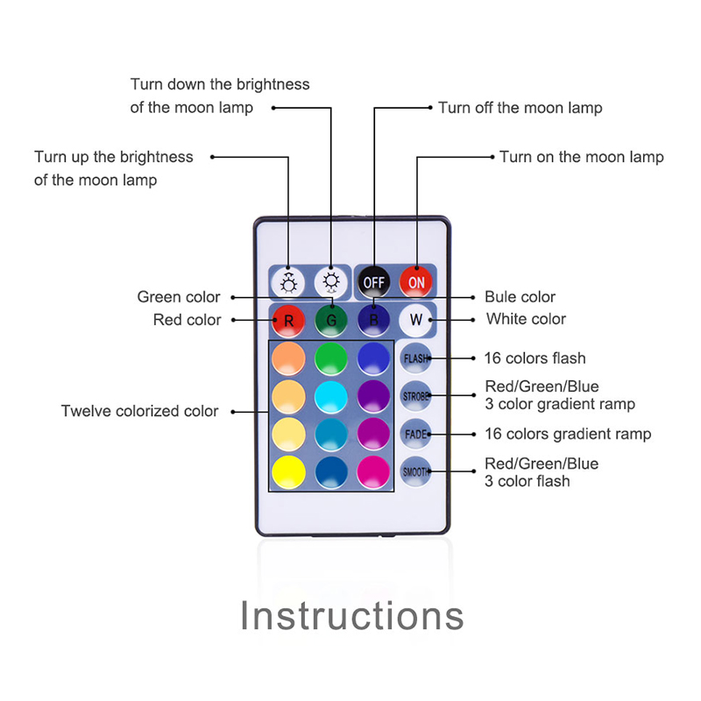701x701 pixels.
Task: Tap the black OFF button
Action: point(373,282)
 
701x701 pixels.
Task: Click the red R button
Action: point(288,320)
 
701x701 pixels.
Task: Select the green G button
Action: point(330,320)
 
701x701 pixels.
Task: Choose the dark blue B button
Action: point(373,320)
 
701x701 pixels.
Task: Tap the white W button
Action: point(415,320)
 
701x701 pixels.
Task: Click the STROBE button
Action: point(415,396)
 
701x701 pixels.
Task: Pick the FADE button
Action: point(415,434)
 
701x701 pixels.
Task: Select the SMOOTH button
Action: point(415,471)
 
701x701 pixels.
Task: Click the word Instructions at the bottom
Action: point(351,615)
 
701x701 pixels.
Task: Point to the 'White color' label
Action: point(526,319)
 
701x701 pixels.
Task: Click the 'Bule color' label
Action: point(520,297)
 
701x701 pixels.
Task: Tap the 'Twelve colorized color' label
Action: point(139,411)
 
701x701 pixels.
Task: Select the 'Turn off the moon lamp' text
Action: point(520,108)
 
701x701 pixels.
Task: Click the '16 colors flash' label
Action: point(535,358)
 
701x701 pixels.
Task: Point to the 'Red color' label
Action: point(187,320)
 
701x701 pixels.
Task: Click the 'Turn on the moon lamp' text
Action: point(581,157)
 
